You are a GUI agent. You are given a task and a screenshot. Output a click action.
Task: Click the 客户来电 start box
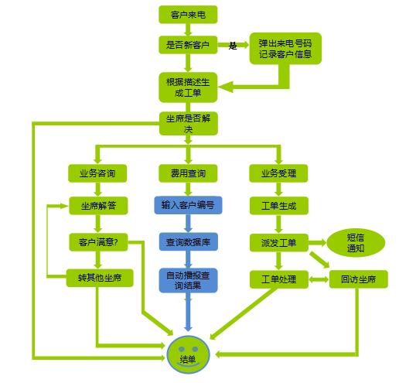pyautogui.click(x=188, y=15)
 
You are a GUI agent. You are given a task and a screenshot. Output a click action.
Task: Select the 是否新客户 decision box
pyautogui.click(x=188, y=45)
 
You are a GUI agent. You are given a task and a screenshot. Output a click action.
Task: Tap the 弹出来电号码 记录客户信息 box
pyautogui.click(x=285, y=48)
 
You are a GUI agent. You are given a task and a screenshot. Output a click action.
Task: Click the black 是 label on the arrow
pyautogui.click(x=233, y=46)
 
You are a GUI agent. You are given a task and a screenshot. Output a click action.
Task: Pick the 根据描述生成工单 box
pyautogui.click(x=188, y=87)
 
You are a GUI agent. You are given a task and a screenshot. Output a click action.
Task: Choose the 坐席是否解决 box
pyautogui.click(x=189, y=123)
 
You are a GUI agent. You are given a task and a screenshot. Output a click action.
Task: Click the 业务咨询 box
pyautogui.click(x=97, y=173)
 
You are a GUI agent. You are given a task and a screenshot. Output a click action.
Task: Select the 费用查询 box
pyautogui.click(x=188, y=173)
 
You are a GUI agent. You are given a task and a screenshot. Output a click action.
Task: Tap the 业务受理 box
pyautogui.click(x=278, y=173)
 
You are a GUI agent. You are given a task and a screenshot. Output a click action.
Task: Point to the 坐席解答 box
pyautogui.click(x=98, y=206)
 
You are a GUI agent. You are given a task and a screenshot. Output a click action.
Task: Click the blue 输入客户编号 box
pyautogui.click(x=188, y=205)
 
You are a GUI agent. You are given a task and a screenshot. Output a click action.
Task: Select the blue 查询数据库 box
pyautogui.click(x=188, y=241)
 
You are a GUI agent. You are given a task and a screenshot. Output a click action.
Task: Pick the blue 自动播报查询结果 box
pyautogui.click(x=188, y=280)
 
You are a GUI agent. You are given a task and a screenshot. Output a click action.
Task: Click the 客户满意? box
pyautogui.click(x=98, y=242)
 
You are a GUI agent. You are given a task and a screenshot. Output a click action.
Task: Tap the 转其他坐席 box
pyautogui.click(x=100, y=278)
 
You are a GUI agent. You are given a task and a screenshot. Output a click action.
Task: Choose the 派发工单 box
pyautogui.click(x=279, y=243)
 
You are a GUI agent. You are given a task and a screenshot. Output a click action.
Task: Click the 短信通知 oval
pyautogui.click(x=356, y=243)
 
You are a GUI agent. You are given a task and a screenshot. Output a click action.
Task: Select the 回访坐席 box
pyautogui.click(x=359, y=279)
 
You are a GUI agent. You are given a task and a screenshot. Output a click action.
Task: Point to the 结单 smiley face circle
pyautogui.click(x=188, y=354)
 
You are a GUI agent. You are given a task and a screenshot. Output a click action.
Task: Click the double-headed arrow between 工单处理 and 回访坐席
pyautogui.click(x=319, y=279)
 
